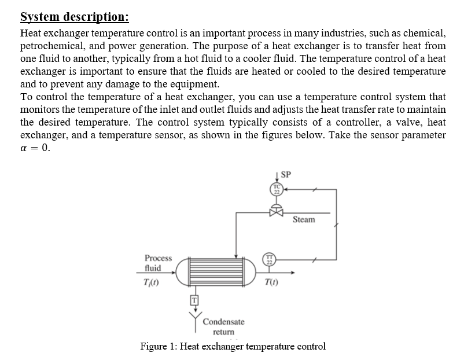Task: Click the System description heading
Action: [75, 16]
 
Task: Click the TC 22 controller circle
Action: [277, 189]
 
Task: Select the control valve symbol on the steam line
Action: [277, 212]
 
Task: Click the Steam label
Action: [304, 220]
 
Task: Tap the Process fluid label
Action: [158, 263]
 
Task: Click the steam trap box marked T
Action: [194, 299]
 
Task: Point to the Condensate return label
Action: [223, 326]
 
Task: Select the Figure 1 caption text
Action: [233, 347]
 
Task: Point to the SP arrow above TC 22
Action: [277, 177]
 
